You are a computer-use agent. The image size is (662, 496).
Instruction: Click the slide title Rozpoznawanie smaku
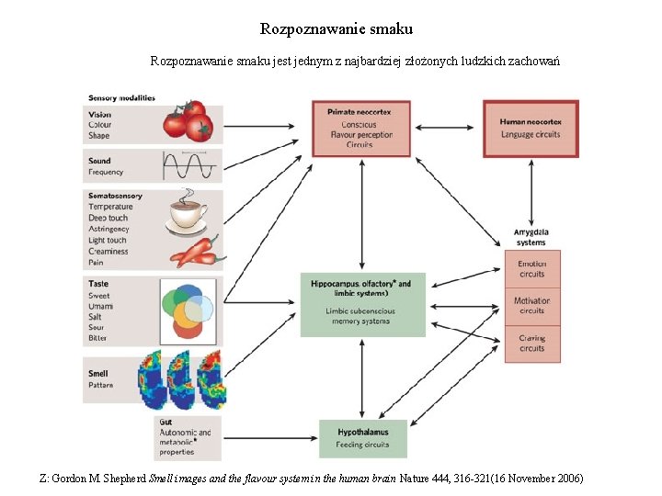(x=337, y=29)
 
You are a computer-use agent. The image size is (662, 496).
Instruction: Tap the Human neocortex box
(x=531, y=128)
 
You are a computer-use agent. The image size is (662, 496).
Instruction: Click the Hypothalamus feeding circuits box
(x=362, y=438)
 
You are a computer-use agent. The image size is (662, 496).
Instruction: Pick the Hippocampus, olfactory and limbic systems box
(x=362, y=303)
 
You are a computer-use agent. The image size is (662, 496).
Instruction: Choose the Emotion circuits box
(x=531, y=268)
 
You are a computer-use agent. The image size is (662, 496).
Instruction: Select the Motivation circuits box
(x=531, y=305)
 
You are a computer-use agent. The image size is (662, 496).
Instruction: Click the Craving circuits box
(x=531, y=343)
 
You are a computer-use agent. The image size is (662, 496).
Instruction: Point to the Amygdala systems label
(x=531, y=237)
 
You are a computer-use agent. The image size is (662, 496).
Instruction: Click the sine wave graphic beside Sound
(x=190, y=165)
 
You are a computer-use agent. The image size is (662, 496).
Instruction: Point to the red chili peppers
(x=194, y=250)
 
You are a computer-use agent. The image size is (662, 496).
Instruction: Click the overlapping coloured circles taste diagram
(x=188, y=310)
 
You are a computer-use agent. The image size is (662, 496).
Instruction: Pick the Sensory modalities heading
(x=121, y=97)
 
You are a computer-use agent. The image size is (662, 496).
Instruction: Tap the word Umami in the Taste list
(x=101, y=305)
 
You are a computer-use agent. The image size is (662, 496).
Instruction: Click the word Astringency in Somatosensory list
(x=108, y=229)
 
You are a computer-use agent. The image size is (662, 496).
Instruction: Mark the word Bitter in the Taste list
(x=98, y=338)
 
